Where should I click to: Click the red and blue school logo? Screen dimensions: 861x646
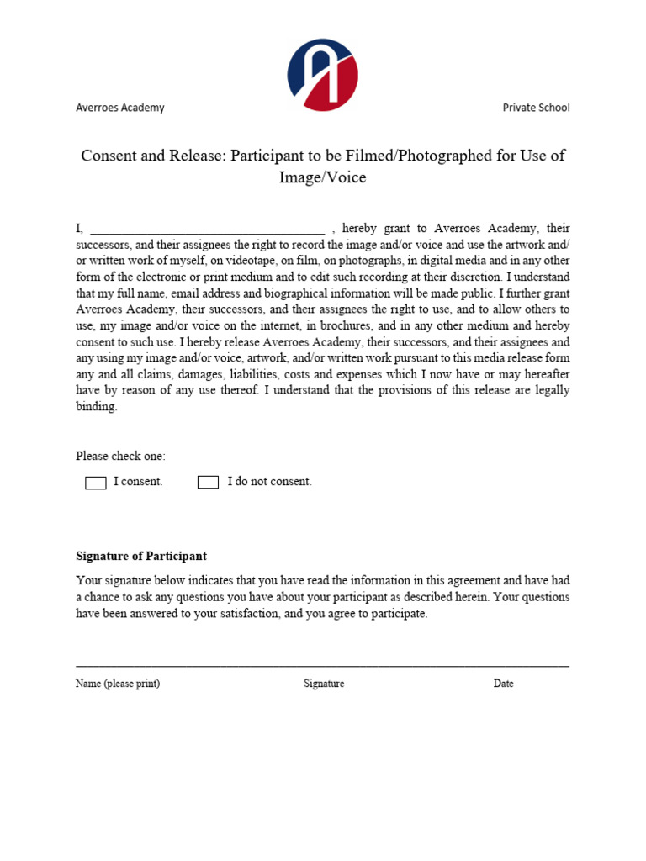coord(323,75)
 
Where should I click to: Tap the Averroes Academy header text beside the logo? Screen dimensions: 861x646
coord(120,108)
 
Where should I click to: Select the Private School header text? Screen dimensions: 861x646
coord(536,108)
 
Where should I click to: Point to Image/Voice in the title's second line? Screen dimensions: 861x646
coord(323,177)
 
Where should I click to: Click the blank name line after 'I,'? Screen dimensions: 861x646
coord(207,229)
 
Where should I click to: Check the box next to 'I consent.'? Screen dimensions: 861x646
coord(96,483)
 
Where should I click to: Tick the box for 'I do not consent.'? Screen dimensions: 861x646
coord(208,483)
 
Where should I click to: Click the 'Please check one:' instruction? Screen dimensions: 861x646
coord(120,457)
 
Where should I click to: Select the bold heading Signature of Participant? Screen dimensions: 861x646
coord(141,557)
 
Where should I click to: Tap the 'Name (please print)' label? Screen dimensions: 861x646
coord(118,684)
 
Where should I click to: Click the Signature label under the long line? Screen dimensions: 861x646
coord(324,684)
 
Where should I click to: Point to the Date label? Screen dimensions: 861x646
coord(503,684)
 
